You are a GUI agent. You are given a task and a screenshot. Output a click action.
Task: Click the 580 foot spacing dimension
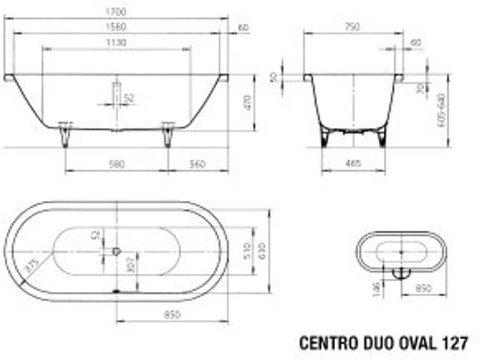point(117,164)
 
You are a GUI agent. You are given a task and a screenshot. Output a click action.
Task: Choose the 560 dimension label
point(197,164)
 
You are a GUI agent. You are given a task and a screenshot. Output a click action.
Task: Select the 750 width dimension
point(353,26)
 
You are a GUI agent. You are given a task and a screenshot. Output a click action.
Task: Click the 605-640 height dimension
point(441,111)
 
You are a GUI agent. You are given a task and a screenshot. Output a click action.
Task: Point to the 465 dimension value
point(353,164)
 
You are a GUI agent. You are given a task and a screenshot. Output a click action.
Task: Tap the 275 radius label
point(32,266)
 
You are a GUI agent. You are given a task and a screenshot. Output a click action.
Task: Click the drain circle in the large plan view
point(117,251)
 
